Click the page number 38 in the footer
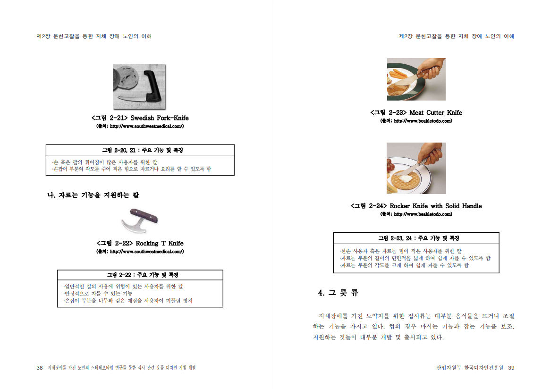40,368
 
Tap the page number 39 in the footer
511,368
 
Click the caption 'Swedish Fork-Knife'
160,118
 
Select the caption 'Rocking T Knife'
160,243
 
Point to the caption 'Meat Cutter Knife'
436,113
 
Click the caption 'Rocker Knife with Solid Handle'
436,206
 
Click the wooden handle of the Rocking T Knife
144,215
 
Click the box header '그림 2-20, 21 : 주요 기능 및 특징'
143,150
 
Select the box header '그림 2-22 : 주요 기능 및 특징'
143,275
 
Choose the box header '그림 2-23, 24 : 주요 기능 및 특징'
418,238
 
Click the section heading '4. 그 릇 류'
338,293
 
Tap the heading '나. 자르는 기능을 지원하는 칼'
93,195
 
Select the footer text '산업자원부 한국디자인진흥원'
470,368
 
